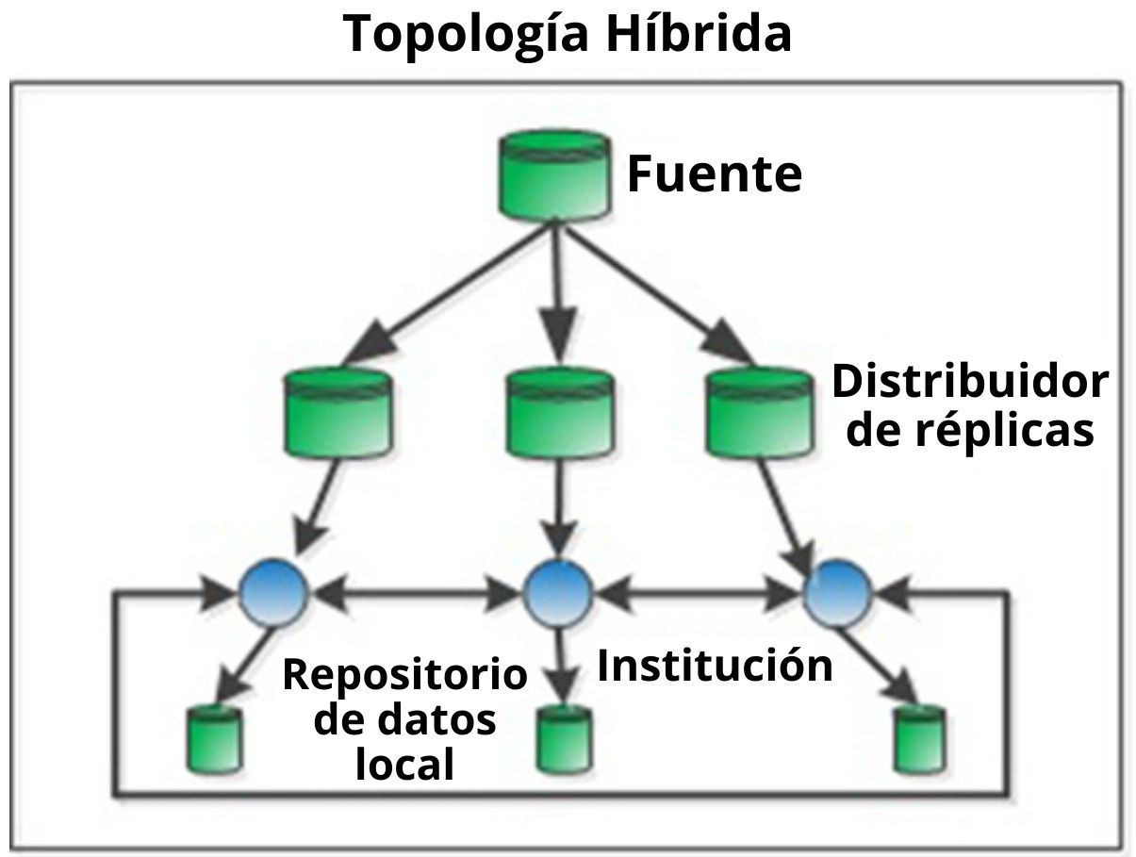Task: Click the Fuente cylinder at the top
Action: click(x=552, y=173)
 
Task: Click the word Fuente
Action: click(x=714, y=175)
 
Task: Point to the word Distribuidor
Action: click(x=969, y=383)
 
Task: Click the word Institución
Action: click(x=715, y=666)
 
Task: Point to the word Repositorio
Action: click(x=404, y=675)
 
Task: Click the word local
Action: click(x=404, y=764)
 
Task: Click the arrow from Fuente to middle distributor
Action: click(x=558, y=292)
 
